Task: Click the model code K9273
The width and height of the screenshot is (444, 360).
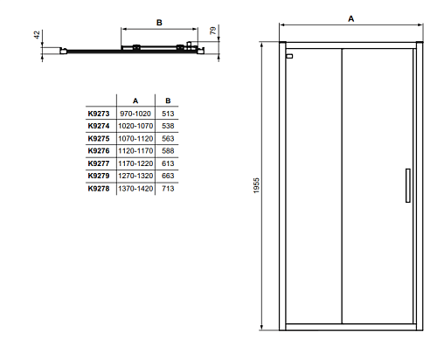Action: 99,114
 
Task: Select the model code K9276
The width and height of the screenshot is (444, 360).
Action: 99,151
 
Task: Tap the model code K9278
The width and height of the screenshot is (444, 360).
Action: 99,189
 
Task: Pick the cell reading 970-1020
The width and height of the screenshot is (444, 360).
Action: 135,114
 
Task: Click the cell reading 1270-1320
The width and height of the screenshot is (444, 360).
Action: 135,176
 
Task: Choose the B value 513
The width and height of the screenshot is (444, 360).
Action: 168,114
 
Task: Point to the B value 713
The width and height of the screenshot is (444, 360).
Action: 168,189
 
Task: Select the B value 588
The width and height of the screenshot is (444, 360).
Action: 168,151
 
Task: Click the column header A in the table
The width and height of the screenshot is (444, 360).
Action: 135,100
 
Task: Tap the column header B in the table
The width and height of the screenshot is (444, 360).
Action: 168,100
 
